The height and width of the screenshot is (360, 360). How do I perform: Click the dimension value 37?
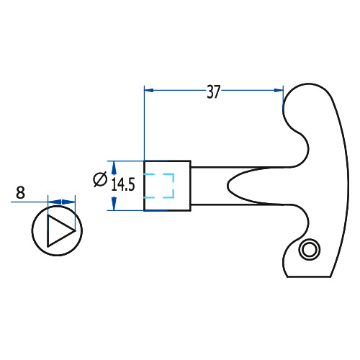213,91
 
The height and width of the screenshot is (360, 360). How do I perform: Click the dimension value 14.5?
123,184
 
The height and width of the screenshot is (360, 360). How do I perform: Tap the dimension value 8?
20,192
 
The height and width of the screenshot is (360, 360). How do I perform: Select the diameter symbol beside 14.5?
100,179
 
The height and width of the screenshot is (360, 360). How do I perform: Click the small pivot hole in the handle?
310,249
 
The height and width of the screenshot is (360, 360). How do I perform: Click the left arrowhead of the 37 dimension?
149,90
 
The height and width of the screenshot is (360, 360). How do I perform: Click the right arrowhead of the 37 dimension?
279,90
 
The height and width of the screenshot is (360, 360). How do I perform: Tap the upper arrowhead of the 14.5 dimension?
114,168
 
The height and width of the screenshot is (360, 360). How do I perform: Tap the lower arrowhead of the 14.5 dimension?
114,204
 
